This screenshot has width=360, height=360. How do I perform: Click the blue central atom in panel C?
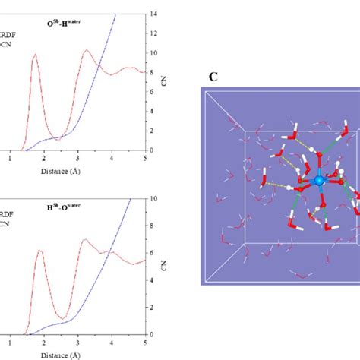[x=319, y=181]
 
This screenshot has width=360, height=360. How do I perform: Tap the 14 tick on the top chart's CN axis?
[x=156, y=14]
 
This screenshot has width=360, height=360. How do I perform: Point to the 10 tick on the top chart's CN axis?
[x=156, y=53]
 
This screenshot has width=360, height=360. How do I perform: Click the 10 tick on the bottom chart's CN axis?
[x=156, y=199]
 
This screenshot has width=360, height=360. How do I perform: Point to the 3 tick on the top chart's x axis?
[x=77, y=159]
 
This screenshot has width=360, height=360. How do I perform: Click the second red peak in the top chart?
[x=87, y=50]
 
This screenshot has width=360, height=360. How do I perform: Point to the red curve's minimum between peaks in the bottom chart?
[x=65, y=317]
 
